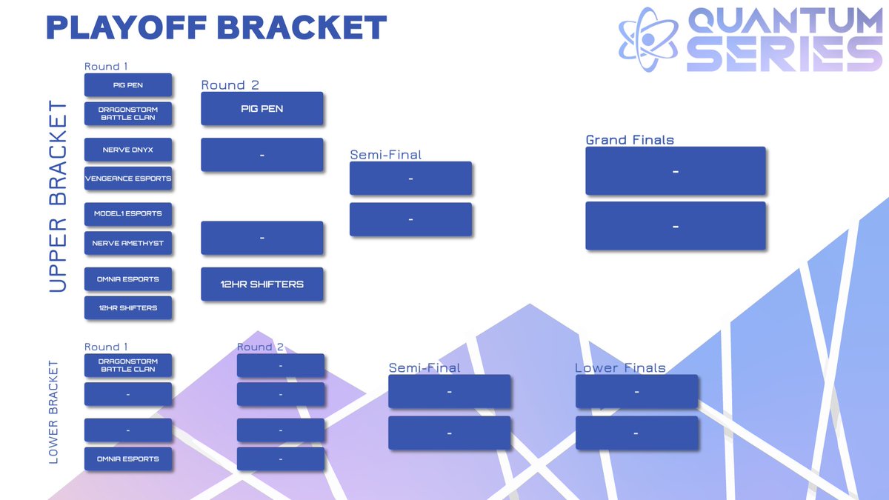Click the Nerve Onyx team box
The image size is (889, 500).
click(127, 150)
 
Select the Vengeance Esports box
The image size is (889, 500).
click(127, 179)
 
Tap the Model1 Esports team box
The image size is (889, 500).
click(127, 214)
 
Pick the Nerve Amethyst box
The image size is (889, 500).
click(127, 243)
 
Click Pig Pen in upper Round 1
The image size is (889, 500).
click(127, 85)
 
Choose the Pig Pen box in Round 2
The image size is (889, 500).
click(262, 109)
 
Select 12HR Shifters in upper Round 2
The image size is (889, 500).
click(262, 284)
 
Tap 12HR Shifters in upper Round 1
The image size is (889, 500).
click(127, 307)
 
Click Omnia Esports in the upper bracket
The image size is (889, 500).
click(127, 279)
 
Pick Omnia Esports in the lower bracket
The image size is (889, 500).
click(127, 459)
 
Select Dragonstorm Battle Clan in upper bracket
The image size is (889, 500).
click(127, 113)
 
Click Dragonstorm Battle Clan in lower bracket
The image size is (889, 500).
click(127, 365)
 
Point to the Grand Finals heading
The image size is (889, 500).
click(630, 140)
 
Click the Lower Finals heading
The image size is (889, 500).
click(620, 368)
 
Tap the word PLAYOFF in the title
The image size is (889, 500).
click(127, 27)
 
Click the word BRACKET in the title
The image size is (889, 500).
click(302, 27)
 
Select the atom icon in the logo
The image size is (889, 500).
click(648, 39)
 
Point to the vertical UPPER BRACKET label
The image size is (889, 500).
click(58, 196)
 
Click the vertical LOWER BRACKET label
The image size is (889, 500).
click(53, 412)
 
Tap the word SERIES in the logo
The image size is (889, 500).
click(785, 54)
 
